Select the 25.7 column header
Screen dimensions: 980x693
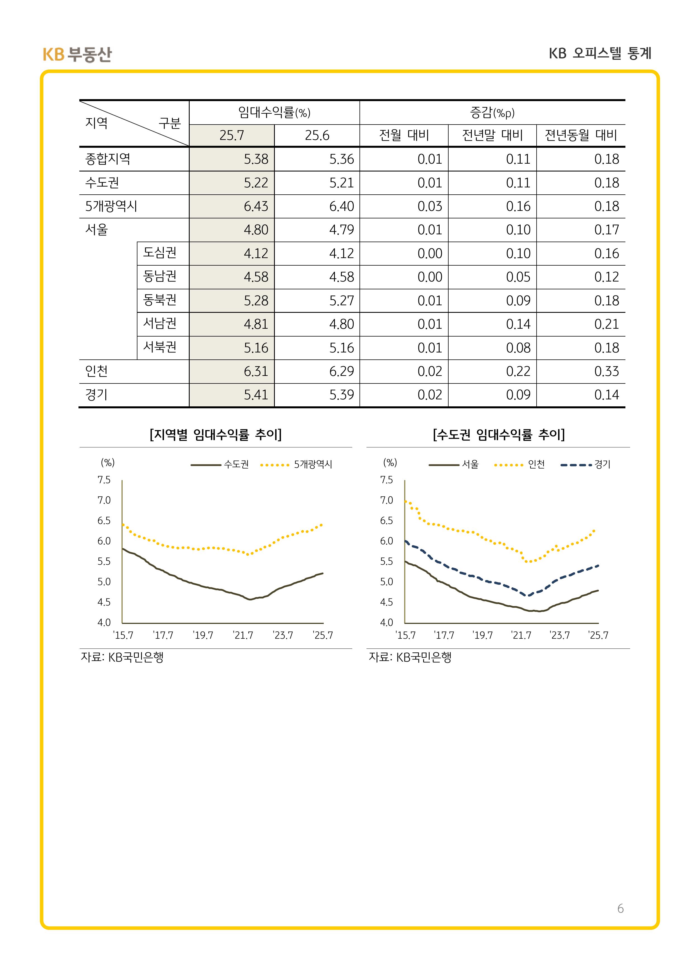click(x=232, y=135)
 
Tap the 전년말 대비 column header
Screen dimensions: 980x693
click(x=492, y=135)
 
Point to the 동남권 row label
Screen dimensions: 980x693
click(x=160, y=276)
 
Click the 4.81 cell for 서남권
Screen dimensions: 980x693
click(x=256, y=324)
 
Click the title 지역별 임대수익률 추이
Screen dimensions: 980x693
click(x=216, y=435)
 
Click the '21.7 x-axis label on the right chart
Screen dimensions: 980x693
click(x=521, y=635)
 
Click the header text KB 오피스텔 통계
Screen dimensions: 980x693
click(x=600, y=53)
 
